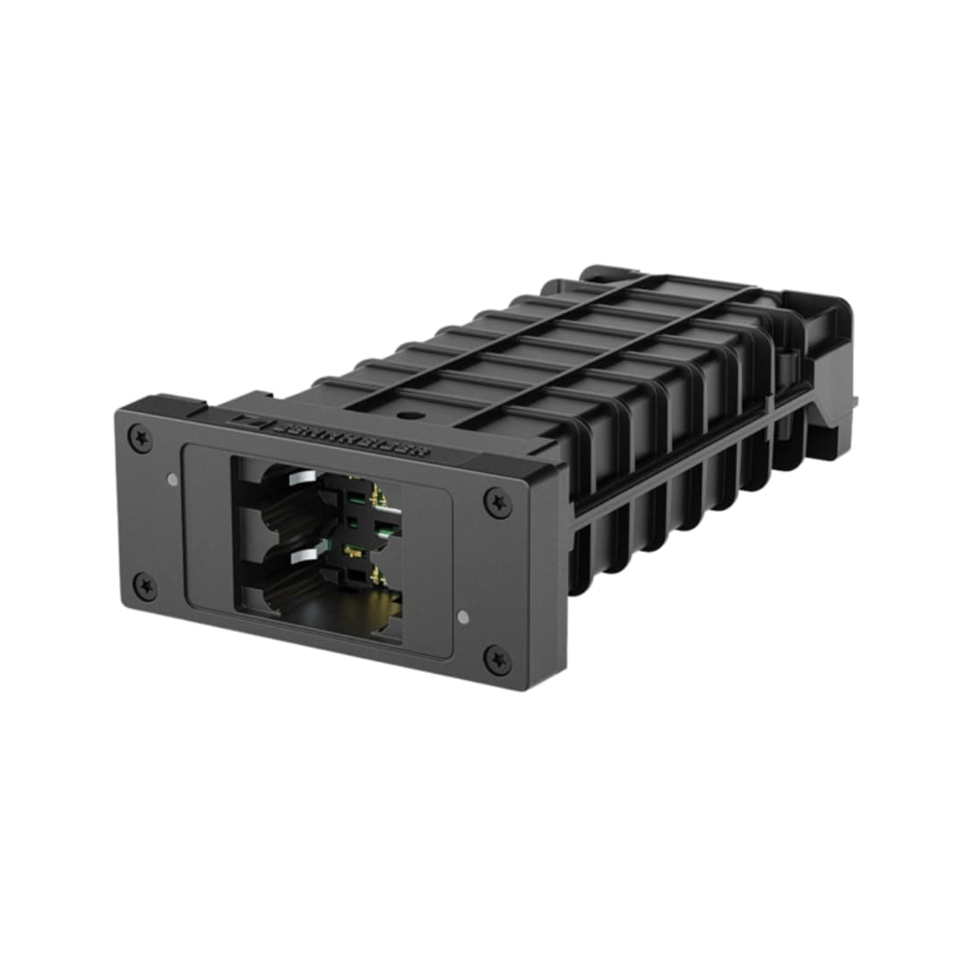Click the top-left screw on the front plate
(x=140, y=438)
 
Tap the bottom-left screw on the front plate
(x=145, y=587)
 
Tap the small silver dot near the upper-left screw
(x=173, y=479)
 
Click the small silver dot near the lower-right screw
(x=462, y=616)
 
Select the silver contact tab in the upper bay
(x=300, y=479)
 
